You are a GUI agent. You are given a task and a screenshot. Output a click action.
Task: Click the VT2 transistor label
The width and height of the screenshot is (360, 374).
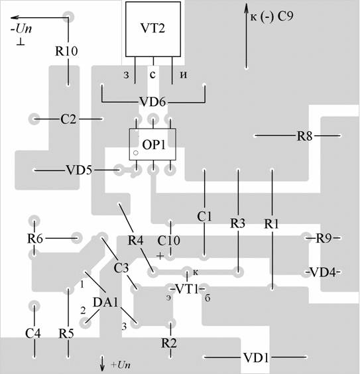click(152, 28)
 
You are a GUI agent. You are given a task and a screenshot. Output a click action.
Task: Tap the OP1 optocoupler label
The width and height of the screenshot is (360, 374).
click(154, 145)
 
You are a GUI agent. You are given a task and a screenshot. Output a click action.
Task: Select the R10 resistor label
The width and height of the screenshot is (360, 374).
click(66, 51)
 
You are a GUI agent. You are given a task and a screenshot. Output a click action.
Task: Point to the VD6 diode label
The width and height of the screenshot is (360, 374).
click(152, 102)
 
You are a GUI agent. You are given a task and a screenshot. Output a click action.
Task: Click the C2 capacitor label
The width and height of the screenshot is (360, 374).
click(68, 119)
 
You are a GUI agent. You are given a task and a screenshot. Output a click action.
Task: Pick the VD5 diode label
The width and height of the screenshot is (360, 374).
click(79, 170)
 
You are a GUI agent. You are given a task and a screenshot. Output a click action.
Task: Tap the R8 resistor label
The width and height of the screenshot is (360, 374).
click(304, 136)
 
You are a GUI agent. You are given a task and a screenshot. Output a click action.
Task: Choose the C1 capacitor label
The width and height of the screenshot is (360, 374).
click(204, 217)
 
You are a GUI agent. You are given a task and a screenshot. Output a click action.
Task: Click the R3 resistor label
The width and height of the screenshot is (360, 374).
click(238, 223)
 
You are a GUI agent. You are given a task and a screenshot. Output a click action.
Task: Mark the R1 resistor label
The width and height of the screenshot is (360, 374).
click(272, 223)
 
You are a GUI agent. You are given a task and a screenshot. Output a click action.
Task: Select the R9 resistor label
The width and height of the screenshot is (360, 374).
click(324, 238)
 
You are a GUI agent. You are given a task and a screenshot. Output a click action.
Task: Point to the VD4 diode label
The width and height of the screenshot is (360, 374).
click(324, 272)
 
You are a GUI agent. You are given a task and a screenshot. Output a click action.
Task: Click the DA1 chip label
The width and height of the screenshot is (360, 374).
click(105, 302)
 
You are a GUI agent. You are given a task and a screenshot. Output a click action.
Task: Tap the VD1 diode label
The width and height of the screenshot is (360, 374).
click(256, 357)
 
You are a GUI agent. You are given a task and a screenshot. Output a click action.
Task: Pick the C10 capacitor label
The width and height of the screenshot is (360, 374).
click(169, 241)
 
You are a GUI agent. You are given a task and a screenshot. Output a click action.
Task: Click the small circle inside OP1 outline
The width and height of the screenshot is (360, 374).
click(136, 153)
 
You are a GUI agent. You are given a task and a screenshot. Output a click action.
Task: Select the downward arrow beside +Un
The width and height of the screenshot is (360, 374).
click(102, 364)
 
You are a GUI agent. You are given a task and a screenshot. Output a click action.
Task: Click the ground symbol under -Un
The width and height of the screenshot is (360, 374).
click(21, 42)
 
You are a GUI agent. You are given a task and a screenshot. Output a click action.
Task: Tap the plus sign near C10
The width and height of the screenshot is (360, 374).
click(160, 256)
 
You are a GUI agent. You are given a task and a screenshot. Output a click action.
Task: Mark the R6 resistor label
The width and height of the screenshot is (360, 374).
click(35, 238)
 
